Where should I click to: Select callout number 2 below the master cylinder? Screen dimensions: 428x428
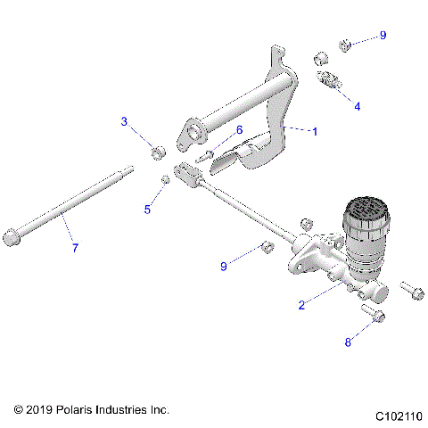pyautogui.click(x=302, y=305)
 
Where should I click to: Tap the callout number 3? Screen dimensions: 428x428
pyautogui.click(x=125, y=121)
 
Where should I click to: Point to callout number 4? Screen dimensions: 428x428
pyautogui.click(x=358, y=105)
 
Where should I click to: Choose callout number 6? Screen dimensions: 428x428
pyautogui.click(x=239, y=130)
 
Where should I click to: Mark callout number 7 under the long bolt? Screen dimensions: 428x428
pyautogui.click(x=75, y=247)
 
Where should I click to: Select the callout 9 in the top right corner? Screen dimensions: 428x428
pyautogui.click(x=383, y=35)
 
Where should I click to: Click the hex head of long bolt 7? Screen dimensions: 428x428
pyautogui.click(x=12, y=237)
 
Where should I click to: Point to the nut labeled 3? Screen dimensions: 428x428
pyautogui.click(x=158, y=152)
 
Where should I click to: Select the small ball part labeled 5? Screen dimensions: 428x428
pyautogui.click(x=166, y=181)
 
